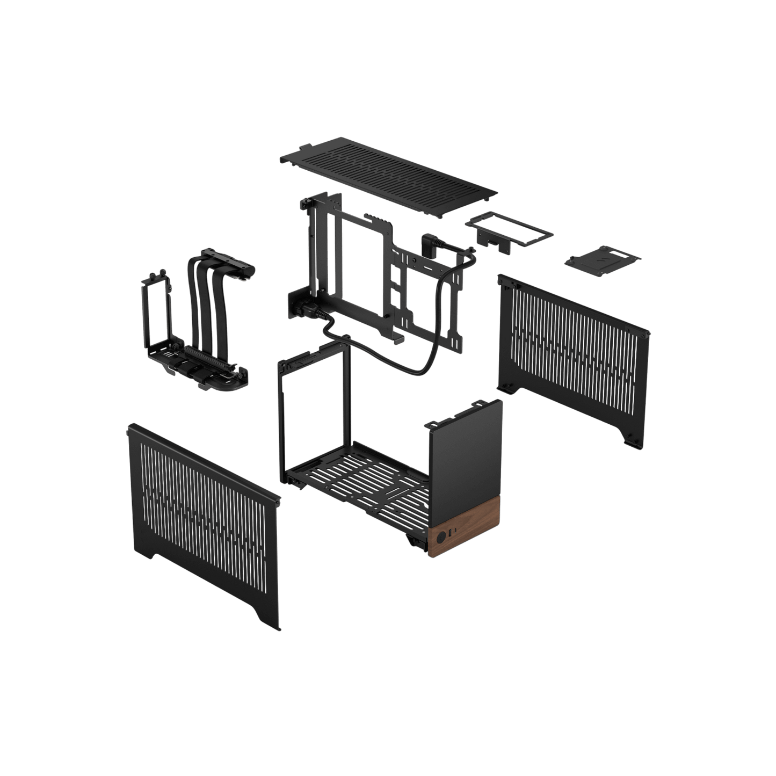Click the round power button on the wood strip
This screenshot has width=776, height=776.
442,536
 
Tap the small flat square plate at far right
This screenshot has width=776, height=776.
603,260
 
